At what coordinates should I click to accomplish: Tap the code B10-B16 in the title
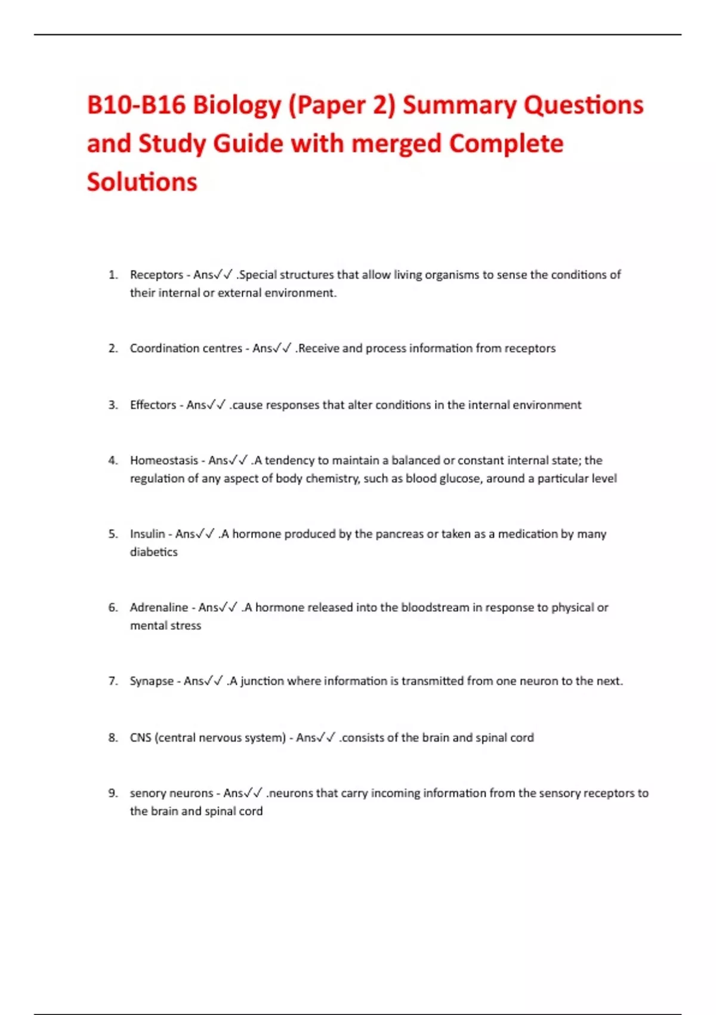[x=136, y=106]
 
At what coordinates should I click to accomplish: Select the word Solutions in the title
[x=142, y=182]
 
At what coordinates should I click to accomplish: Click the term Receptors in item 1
[x=156, y=275]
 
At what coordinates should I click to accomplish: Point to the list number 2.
[x=113, y=348]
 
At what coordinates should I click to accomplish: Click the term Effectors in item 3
[x=153, y=405]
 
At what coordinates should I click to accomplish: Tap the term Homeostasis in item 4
[x=164, y=460]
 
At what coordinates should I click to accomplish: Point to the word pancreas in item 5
[x=399, y=534]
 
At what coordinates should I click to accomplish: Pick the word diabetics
[x=154, y=552]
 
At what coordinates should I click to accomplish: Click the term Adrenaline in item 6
[x=159, y=607]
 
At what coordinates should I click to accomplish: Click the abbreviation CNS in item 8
[x=141, y=737]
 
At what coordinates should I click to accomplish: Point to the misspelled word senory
[x=149, y=793]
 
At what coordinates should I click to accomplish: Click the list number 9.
[x=113, y=793]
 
